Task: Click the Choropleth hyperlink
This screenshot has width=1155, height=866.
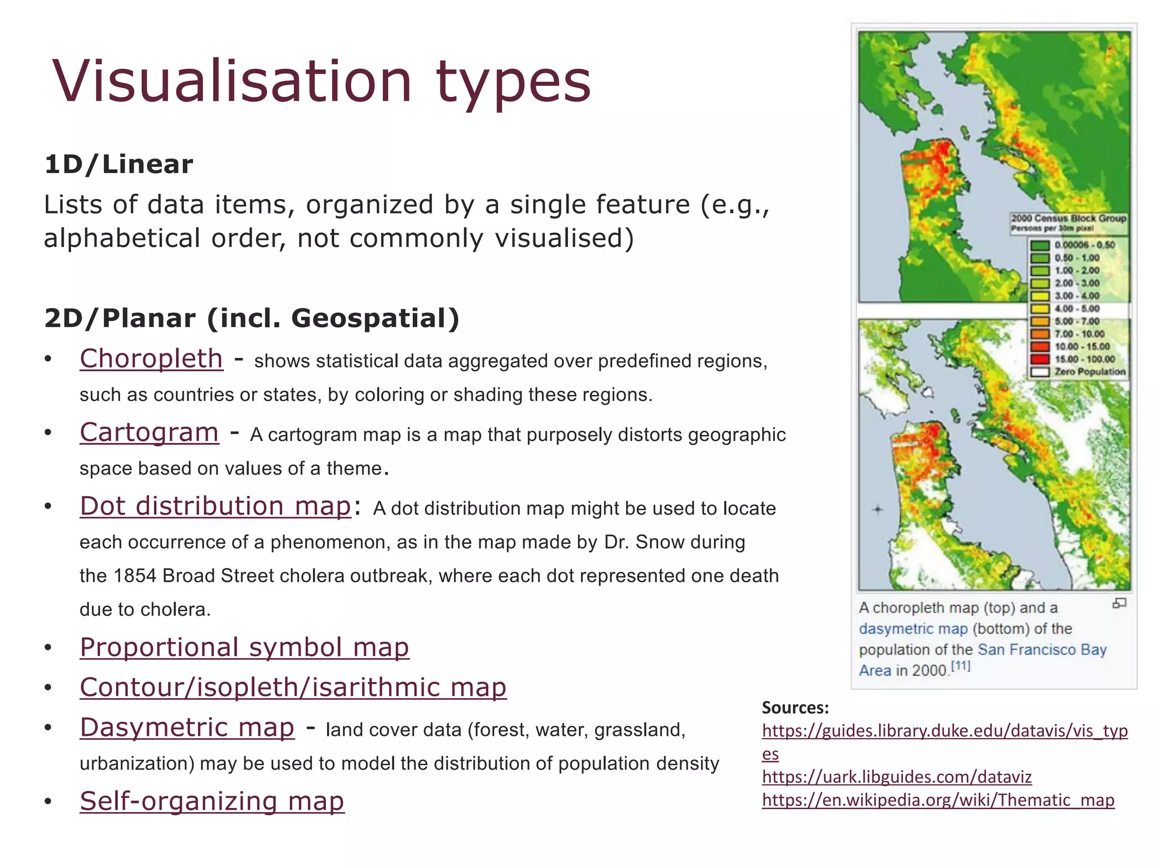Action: click(x=151, y=359)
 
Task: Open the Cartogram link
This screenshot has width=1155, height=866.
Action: click(x=149, y=432)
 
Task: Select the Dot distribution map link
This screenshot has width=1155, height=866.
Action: click(x=215, y=506)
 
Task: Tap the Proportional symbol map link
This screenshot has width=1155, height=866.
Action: click(x=244, y=647)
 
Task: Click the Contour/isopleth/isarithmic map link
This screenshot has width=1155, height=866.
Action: click(x=293, y=687)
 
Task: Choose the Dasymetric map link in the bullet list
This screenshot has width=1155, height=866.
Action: click(x=187, y=727)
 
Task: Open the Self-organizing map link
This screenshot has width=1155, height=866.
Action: click(x=211, y=801)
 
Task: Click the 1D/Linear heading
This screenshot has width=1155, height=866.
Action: click(x=118, y=165)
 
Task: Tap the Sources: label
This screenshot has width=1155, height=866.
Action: click(x=795, y=708)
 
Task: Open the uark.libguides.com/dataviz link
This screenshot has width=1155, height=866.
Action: click(x=896, y=777)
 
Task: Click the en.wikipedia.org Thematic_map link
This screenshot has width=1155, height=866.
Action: click(x=937, y=800)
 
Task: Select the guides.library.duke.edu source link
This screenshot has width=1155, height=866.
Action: click(x=944, y=731)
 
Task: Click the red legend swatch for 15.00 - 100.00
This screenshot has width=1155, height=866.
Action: click(x=1040, y=359)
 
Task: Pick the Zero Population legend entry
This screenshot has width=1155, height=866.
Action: click(x=1089, y=372)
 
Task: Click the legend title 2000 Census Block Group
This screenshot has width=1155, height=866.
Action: click(x=1068, y=218)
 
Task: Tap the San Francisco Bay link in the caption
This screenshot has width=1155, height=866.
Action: click(x=1042, y=650)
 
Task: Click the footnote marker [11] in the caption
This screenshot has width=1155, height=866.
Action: click(x=960, y=666)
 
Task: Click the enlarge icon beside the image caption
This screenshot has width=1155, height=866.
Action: click(x=1119, y=603)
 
